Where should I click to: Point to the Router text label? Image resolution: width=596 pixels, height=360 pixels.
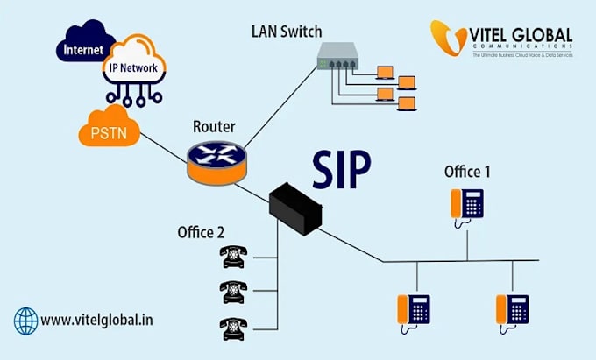(214, 127)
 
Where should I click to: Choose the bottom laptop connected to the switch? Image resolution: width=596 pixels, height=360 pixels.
(405, 104)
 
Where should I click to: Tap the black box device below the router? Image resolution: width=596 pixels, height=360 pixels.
(294, 209)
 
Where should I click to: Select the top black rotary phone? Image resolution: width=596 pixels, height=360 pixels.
(232, 256)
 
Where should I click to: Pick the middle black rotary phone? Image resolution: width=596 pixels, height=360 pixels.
(232, 291)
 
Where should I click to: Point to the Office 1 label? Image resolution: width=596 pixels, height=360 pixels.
(466, 172)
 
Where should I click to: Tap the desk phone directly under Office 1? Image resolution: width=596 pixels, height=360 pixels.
(466, 204)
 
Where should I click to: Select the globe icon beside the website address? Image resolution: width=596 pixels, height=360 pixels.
(26, 320)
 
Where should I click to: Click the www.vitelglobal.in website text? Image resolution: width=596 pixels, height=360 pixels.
(97, 320)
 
